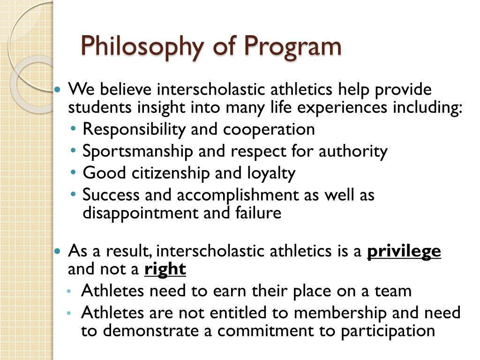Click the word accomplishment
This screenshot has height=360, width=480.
[238, 195]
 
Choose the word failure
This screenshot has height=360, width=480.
[258, 212]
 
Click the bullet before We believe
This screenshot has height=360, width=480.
[57, 90]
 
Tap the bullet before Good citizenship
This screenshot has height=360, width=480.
[73, 172]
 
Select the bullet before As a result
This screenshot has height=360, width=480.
[57, 252]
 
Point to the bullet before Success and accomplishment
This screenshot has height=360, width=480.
[73, 194]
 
